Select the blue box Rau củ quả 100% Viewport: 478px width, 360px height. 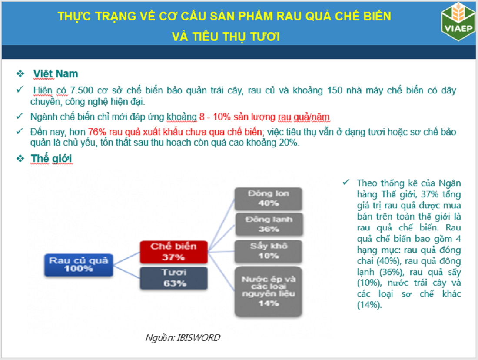(x=79, y=265)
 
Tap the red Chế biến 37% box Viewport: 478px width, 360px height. (x=174, y=252)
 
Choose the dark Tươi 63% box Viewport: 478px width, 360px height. (x=174, y=278)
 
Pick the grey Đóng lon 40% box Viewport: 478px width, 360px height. (x=268, y=199)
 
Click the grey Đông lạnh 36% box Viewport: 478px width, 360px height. (x=269, y=224)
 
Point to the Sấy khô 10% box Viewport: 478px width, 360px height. (x=268, y=251)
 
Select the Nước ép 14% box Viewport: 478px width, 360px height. (x=268, y=291)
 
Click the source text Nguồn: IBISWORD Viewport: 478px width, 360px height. (x=183, y=337)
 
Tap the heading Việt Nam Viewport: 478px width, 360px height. (x=56, y=74)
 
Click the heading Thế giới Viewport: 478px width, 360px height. (x=51, y=159)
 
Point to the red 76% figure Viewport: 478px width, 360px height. (x=97, y=132)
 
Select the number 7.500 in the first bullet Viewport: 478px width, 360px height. (x=82, y=90)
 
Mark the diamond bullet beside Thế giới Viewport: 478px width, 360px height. (x=20, y=158)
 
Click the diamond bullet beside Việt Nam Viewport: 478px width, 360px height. (x=20, y=73)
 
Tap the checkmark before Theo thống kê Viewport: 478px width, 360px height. (x=346, y=182)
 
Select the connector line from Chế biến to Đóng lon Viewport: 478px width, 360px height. (x=222, y=225)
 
